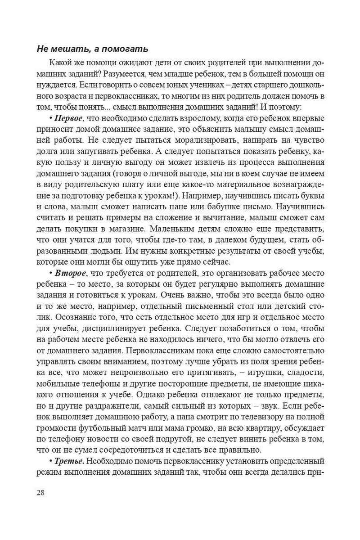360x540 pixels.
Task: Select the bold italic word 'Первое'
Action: click(x=69, y=118)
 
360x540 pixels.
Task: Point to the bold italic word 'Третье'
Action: click(x=69, y=462)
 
